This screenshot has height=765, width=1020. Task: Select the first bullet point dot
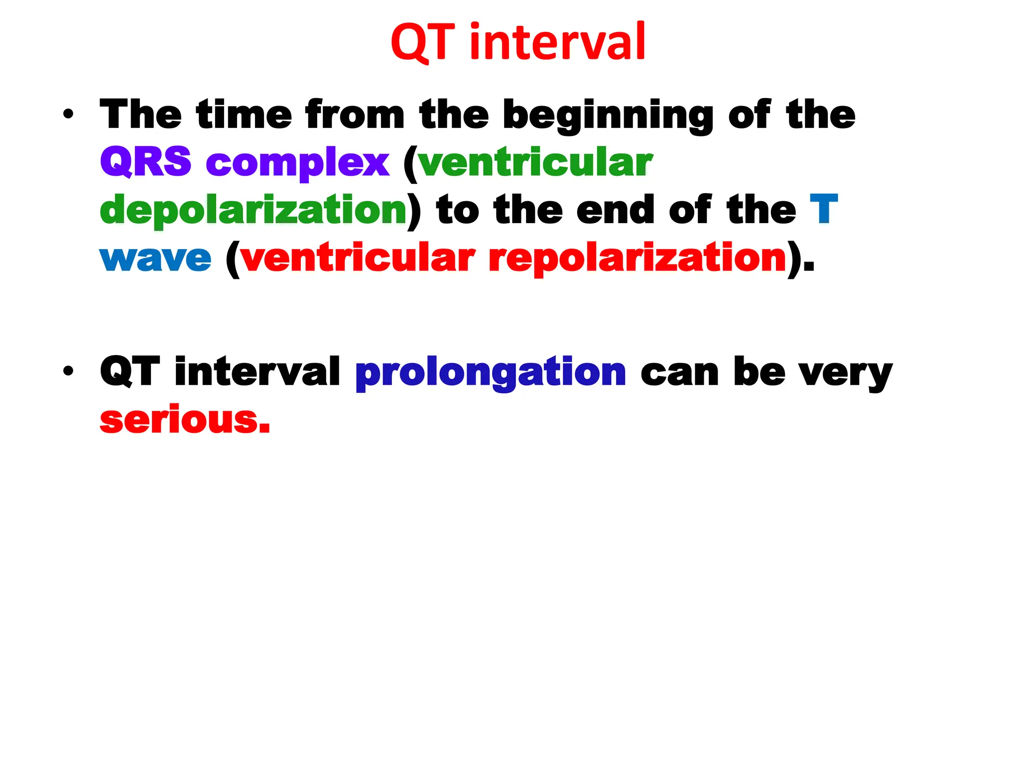point(68,115)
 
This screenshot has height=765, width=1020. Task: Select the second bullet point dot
point(68,371)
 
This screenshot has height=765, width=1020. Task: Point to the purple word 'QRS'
point(145,162)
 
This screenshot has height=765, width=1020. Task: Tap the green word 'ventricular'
point(534,162)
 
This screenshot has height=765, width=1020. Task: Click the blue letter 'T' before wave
point(824,209)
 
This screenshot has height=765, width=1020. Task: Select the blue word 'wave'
point(155,258)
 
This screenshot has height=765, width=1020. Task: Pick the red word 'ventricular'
point(357,258)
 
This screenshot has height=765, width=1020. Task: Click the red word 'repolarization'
point(637,258)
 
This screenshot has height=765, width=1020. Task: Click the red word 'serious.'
point(185,419)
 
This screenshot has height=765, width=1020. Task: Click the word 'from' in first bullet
point(355,115)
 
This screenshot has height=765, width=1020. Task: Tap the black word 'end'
point(615,209)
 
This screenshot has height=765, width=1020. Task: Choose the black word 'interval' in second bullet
point(257,371)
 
